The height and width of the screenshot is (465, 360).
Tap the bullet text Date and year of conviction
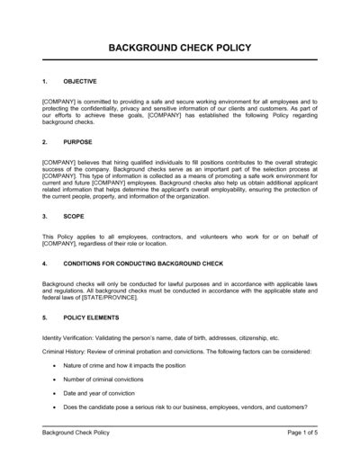click(x=103, y=406)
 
